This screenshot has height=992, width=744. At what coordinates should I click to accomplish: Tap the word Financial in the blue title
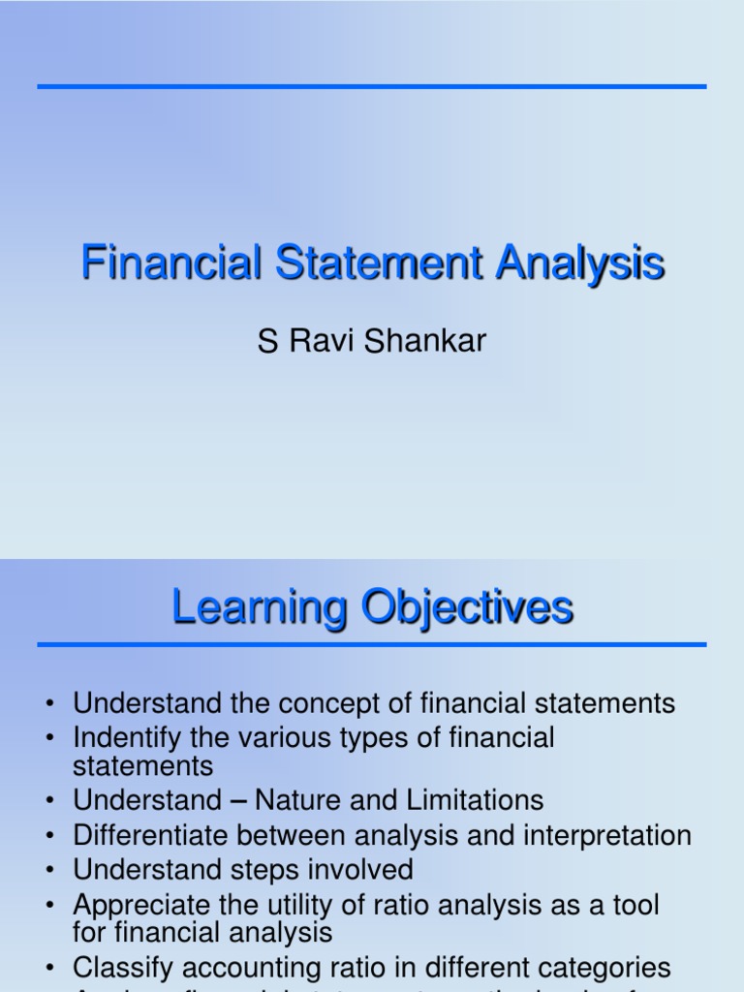pyautogui.click(x=171, y=263)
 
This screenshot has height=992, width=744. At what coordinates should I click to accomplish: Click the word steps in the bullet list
pyautogui.click(x=255, y=870)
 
